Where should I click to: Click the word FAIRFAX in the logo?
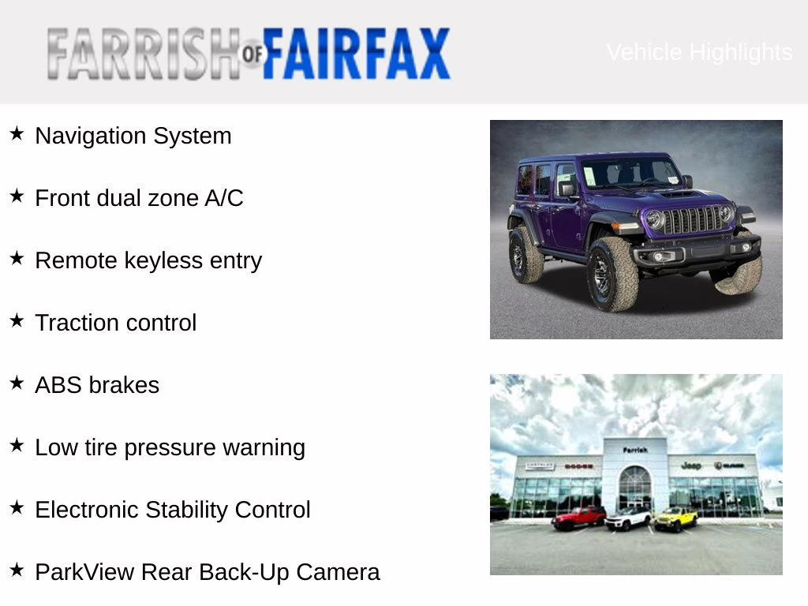click(x=356, y=54)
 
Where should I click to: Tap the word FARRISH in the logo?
click(x=142, y=54)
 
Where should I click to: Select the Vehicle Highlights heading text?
click(x=699, y=52)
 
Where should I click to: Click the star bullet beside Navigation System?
click(x=17, y=134)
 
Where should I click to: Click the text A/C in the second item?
click(x=224, y=198)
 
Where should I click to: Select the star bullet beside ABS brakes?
click(x=17, y=383)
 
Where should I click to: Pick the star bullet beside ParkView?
click(x=17, y=570)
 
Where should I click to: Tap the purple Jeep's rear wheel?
click(x=526, y=256)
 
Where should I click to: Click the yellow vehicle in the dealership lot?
click(x=676, y=518)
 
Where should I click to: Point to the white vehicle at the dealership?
click(x=628, y=518)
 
